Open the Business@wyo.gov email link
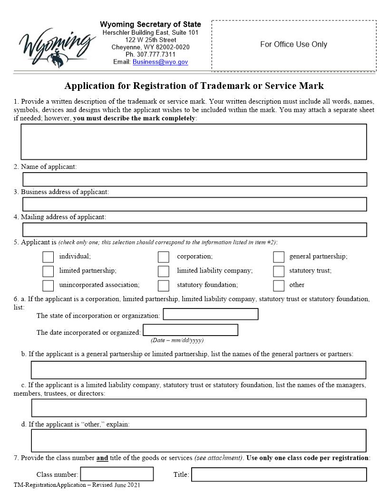(160, 62)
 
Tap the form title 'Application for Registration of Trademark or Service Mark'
(194, 86)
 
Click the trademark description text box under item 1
(194, 142)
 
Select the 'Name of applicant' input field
(194, 179)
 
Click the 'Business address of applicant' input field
(194, 204)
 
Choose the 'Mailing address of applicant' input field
(194, 229)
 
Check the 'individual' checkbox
(48, 257)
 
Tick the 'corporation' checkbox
(164, 257)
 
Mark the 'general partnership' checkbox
(279, 257)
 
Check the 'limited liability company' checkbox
(164, 271)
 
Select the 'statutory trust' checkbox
(279, 271)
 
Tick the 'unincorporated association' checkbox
(48, 286)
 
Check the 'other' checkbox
(279, 286)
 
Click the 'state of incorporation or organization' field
(211, 314)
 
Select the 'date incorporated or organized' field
(190, 330)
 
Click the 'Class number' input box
(117, 474)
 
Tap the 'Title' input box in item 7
(279, 474)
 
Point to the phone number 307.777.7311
(150, 55)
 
